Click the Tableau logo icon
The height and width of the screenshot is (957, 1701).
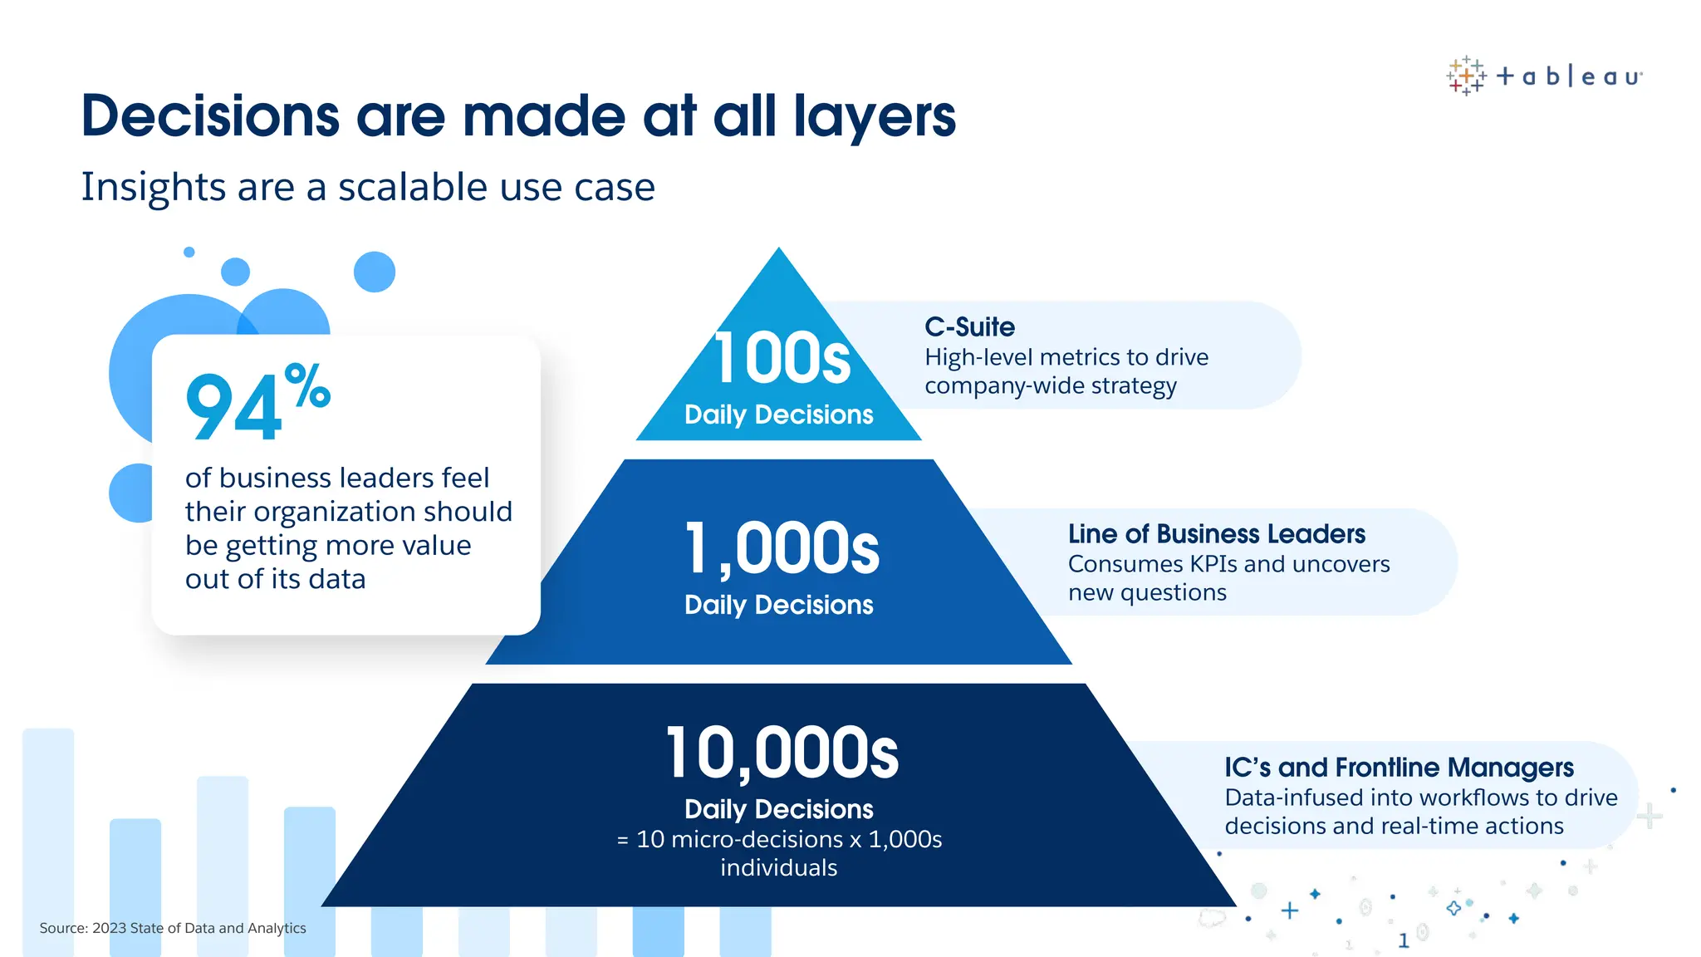1466,76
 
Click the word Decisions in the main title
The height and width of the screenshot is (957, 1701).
210,115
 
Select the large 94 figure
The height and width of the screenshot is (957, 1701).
234,407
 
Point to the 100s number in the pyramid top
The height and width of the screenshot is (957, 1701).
782,359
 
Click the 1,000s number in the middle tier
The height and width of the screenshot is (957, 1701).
782,549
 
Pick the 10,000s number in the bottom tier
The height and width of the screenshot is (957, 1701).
782,753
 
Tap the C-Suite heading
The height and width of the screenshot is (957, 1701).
969,327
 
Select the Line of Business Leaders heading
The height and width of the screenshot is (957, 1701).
1216,534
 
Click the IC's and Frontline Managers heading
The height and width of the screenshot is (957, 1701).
1399,768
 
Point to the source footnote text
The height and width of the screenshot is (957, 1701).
173,928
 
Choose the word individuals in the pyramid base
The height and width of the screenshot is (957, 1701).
778,868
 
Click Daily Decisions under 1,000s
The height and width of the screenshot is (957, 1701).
778,605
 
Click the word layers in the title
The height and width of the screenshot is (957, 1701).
875,115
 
